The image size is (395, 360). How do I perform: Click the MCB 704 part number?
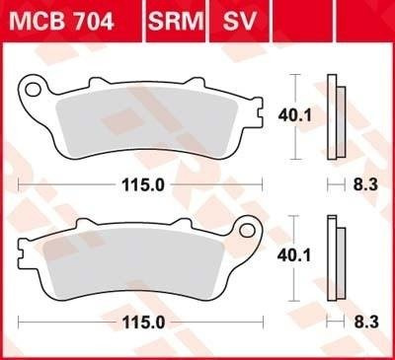coord(61,21)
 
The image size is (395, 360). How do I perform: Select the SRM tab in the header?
coord(176,21)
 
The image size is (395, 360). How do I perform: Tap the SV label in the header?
coord(239,21)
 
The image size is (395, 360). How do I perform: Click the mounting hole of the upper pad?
coord(33,90)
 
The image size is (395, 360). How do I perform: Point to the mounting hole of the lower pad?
coord(247,231)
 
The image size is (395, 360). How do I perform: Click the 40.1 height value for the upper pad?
coord(294,115)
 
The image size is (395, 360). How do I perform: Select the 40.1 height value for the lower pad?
coord(294,255)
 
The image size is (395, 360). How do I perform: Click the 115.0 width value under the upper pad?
coord(143,185)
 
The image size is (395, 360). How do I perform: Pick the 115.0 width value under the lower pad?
coord(143,323)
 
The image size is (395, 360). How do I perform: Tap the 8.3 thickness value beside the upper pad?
coord(365,184)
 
